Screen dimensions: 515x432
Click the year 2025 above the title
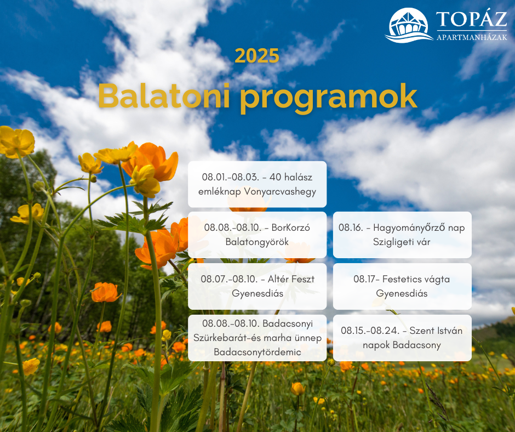pos(257,56)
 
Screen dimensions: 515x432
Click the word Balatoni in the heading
pos(164,96)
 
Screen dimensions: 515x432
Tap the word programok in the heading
pos(328,98)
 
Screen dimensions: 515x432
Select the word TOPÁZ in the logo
pos(472,19)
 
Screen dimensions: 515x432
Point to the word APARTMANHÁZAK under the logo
pos(472,37)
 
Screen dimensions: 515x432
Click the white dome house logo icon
pos(409,25)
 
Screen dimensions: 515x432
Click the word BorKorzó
pos(291,228)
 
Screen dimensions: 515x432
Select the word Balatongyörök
pos(257,242)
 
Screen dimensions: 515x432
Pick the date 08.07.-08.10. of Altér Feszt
pos(229,279)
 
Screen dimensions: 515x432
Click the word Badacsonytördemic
pos(257,352)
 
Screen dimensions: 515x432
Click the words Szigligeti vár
pos(402,242)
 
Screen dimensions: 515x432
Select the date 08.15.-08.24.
pos(370,331)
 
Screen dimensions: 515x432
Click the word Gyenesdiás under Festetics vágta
pos(402,293)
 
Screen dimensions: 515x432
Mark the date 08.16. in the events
pos(351,228)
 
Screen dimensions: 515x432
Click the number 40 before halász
pos(275,177)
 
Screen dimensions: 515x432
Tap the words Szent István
pos(436,331)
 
